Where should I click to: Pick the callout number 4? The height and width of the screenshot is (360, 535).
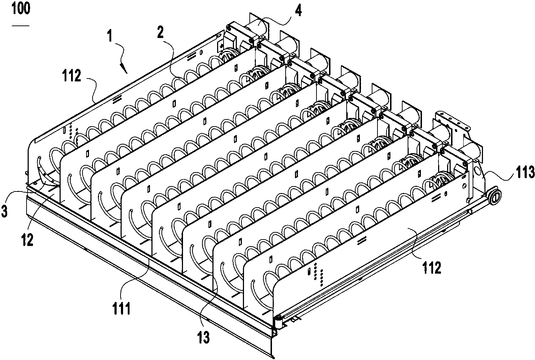pyautogui.click(x=298, y=10)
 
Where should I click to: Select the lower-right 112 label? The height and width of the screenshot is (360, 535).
pyautogui.click(x=432, y=267)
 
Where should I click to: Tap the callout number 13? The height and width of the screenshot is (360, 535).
pyautogui.click(x=203, y=337)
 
